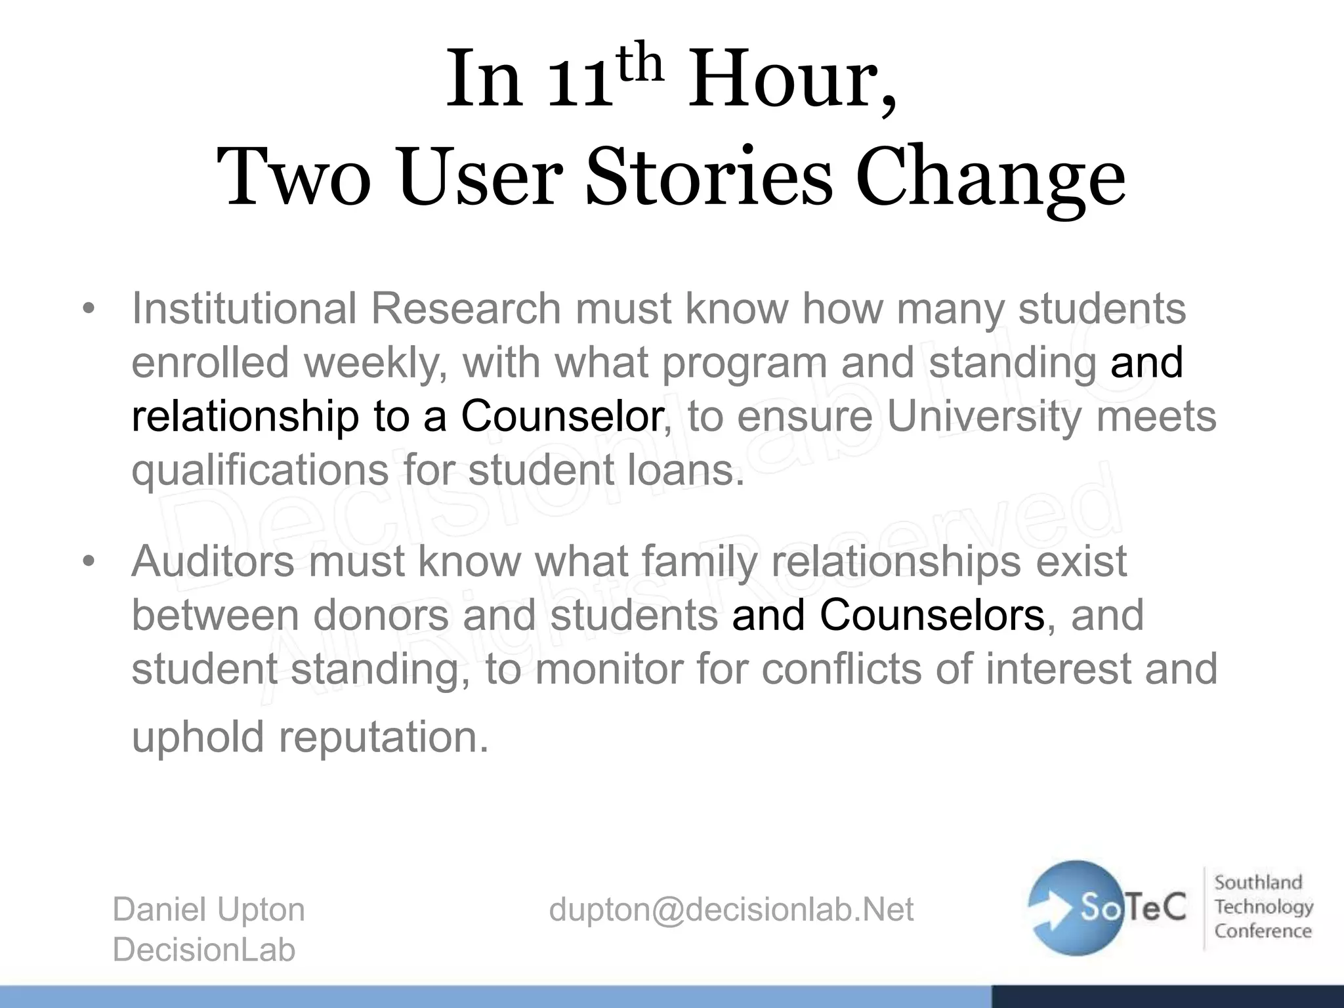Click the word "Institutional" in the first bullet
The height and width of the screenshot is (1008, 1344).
pyautogui.click(x=243, y=308)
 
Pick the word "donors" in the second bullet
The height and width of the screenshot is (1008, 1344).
pyautogui.click(x=381, y=615)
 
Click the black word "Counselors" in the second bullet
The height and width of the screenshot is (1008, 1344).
pyautogui.click(x=932, y=615)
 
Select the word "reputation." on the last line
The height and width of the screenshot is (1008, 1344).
pyautogui.click(x=384, y=736)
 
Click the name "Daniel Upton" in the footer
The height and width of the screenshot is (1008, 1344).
pyautogui.click(x=209, y=910)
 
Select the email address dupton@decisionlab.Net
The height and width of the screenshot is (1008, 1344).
pyautogui.click(x=731, y=910)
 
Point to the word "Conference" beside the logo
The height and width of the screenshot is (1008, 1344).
pyautogui.click(x=1263, y=931)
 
